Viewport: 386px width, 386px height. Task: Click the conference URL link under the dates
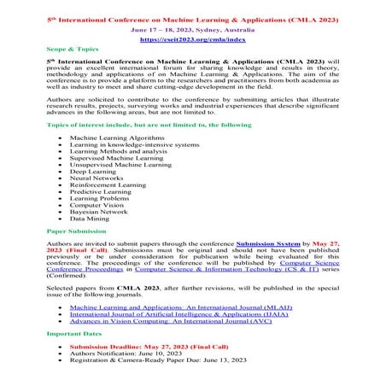192,40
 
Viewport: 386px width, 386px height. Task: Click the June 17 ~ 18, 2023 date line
192,28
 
